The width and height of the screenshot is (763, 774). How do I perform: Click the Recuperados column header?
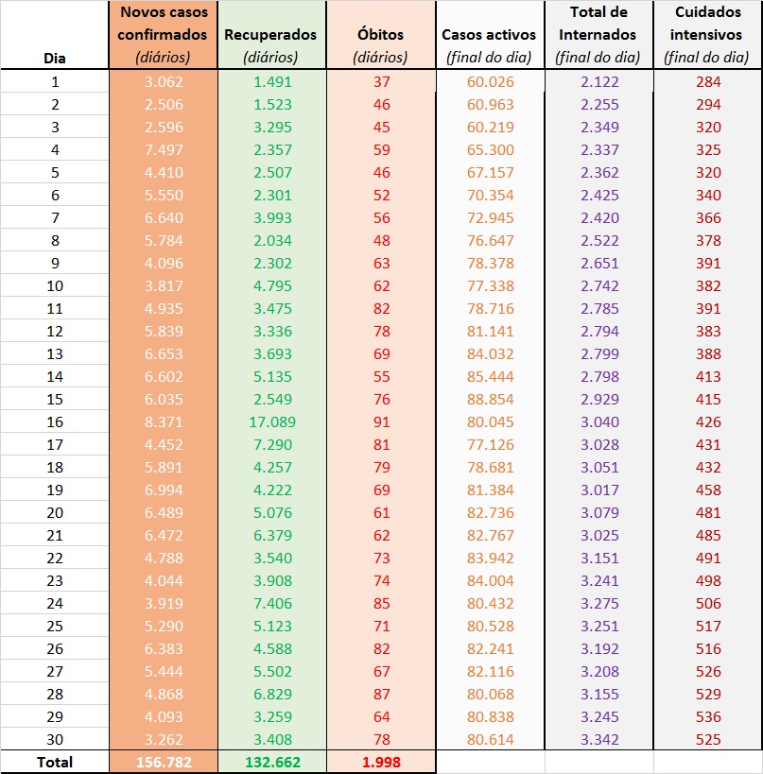coord(270,35)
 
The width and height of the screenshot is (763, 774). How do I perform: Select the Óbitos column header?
coord(380,35)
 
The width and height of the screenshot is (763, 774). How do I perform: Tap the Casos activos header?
coord(489,35)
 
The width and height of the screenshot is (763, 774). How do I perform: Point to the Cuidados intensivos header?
coord(707,35)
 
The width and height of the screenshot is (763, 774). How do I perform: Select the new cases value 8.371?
coord(163,422)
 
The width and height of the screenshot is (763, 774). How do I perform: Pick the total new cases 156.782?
coord(163,762)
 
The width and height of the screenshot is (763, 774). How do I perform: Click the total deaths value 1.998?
coord(380,762)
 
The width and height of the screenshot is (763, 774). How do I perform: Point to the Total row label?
coord(55,762)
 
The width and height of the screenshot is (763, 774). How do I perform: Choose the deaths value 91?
coord(380,422)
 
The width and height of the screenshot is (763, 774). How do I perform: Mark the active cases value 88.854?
coord(489,400)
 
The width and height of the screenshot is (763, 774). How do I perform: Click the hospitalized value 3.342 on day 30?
coord(598,739)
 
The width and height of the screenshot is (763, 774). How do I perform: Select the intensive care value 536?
coord(707,716)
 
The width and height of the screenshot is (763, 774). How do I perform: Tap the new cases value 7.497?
coord(163,150)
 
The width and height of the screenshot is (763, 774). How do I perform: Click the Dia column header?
coord(55,58)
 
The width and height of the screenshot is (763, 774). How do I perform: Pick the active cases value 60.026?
coord(489,82)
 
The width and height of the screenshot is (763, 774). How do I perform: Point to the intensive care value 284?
coord(707,82)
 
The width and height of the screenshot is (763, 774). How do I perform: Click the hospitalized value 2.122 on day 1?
coord(598,82)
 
